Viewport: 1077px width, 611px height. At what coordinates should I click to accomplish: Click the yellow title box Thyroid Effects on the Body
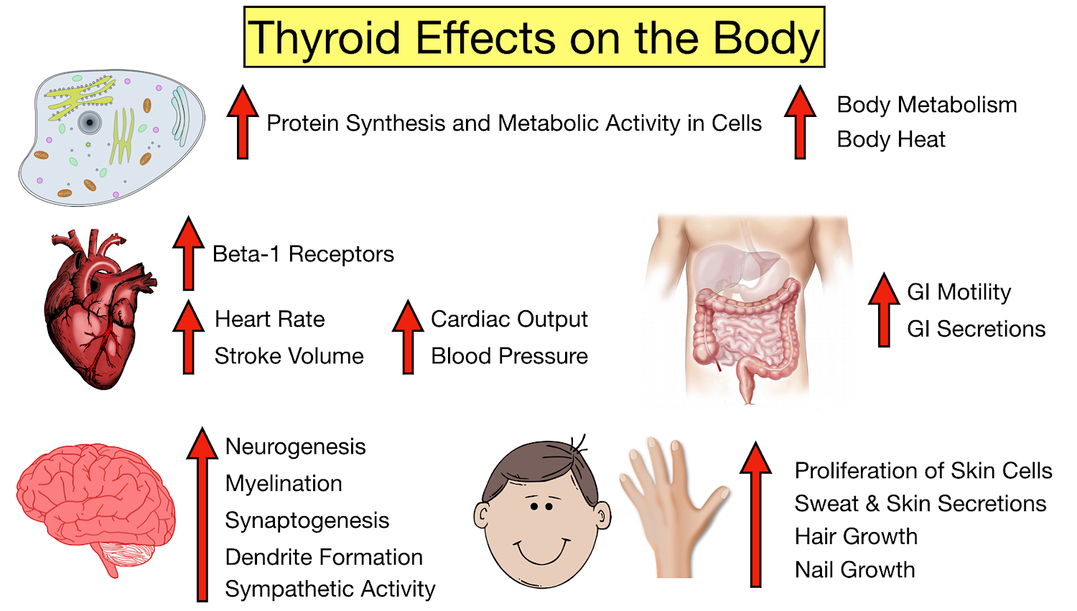coord(534,37)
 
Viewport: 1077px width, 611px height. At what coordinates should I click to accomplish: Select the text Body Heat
coord(890,139)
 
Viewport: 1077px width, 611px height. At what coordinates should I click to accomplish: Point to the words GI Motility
coord(959,292)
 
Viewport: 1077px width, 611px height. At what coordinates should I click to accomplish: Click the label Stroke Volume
coord(289,356)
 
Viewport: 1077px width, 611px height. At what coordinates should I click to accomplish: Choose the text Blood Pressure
coord(509,356)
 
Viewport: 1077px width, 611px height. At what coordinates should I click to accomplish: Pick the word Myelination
coord(284,483)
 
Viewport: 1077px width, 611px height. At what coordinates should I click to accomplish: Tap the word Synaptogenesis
coord(307,521)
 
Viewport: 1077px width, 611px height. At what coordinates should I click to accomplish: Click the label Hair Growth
coord(856,536)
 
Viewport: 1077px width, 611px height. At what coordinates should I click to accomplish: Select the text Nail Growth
coord(854,570)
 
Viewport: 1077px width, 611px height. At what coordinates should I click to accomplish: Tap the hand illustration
coord(671,506)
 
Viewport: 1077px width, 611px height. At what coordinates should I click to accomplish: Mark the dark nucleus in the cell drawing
coord(90,123)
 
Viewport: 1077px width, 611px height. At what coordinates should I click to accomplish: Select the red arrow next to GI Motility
coord(884,309)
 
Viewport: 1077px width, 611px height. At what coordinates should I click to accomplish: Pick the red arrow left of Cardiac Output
coord(408,337)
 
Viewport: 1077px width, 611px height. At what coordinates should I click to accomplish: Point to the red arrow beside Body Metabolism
coord(800,122)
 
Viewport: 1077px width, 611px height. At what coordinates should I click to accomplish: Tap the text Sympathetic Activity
coord(330,589)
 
